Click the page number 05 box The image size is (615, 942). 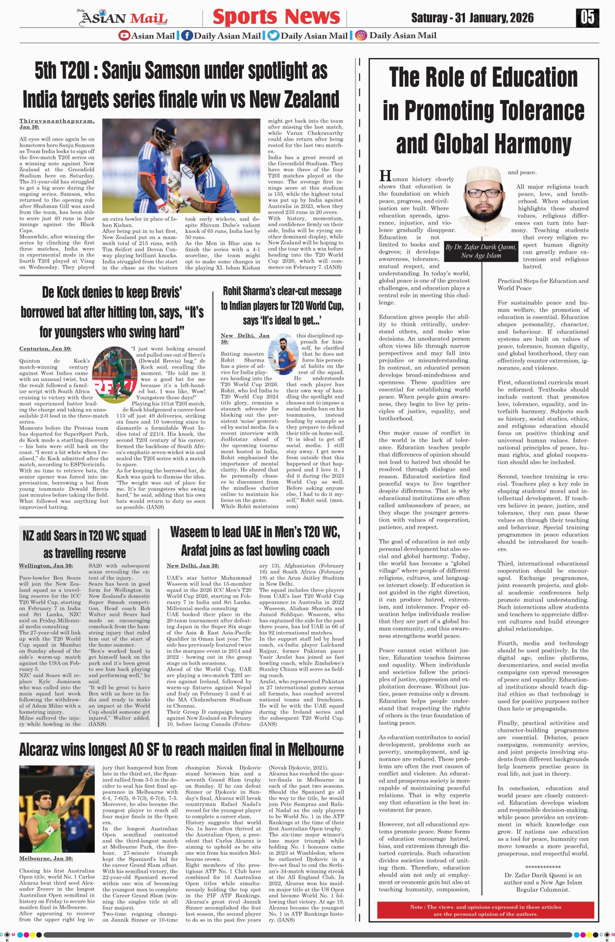[x=587, y=18]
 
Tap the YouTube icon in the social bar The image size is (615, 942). [x=124, y=36]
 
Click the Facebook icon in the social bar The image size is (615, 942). [x=187, y=36]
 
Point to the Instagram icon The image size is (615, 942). [x=360, y=36]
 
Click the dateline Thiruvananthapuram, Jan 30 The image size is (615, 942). [x=57, y=124]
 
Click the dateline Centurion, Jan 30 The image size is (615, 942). [x=45, y=349]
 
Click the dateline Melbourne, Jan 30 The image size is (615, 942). [x=46, y=858]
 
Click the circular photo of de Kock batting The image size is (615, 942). [x=111, y=369]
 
